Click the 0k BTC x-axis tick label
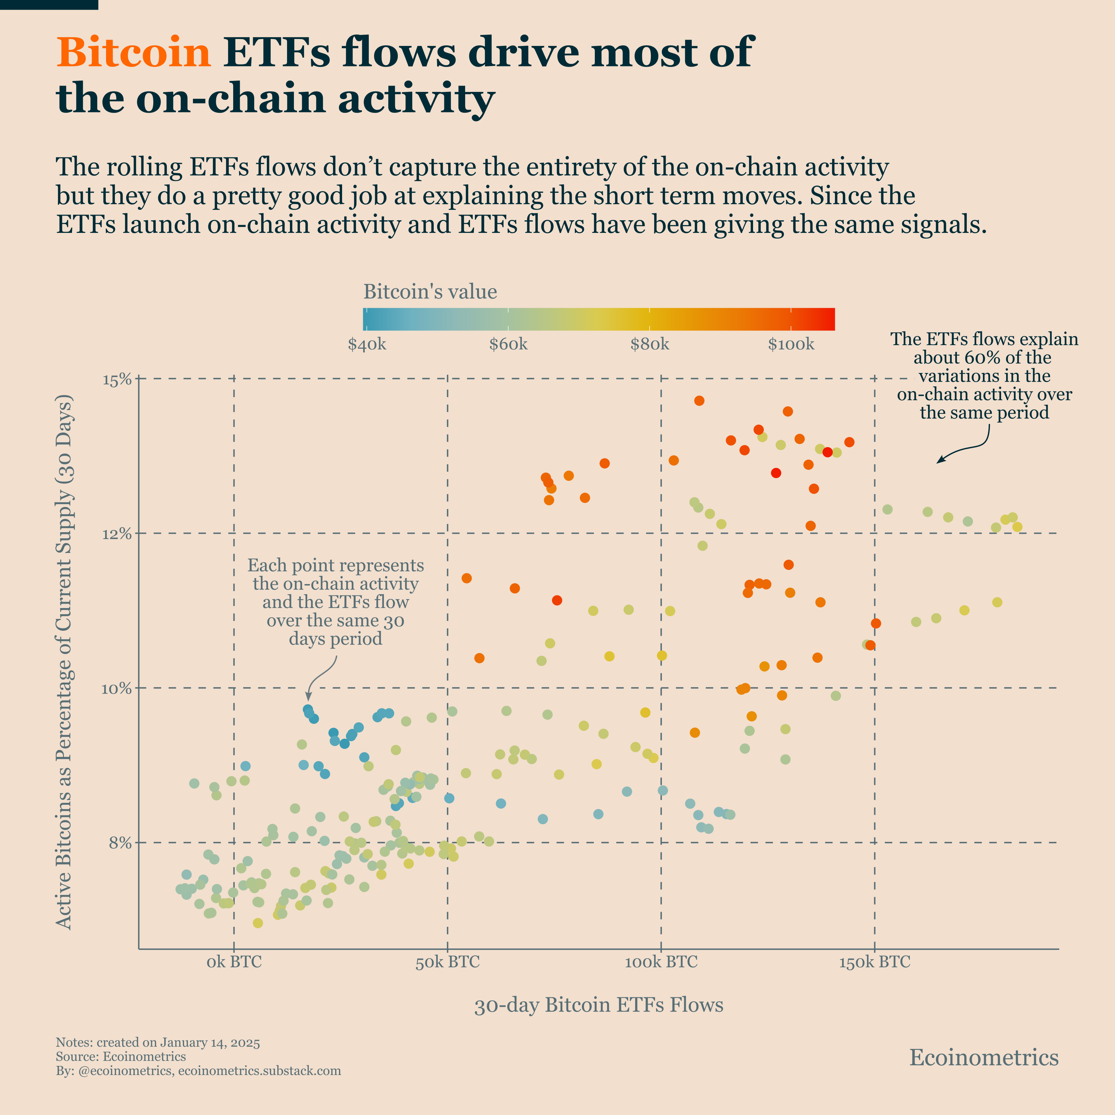(234, 962)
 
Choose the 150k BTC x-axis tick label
(874, 962)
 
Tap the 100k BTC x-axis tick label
(661, 962)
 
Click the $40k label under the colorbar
(367, 345)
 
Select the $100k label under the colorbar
(791, 345)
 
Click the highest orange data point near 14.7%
(699, 401)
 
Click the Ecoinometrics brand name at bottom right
(984, 1057)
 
